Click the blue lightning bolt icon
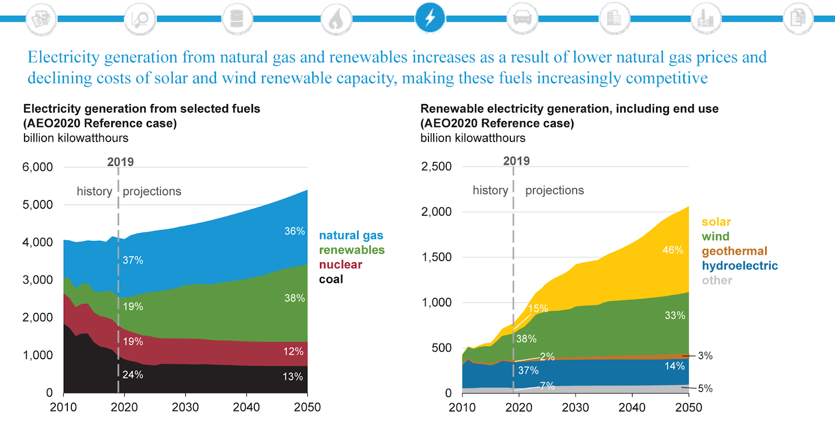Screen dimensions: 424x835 [430, 18]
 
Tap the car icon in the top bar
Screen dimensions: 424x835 [522, 18]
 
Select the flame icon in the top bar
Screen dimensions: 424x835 [336, 19]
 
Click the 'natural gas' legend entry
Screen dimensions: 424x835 [351, 235]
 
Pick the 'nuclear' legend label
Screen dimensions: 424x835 [340, 265]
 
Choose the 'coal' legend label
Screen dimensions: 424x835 [331, 279]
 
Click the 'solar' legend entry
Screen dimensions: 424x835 [716, 222]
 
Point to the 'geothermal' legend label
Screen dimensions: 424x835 [734, 251]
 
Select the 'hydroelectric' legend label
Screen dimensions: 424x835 [739, 266]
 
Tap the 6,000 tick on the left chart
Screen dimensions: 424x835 [38, 167]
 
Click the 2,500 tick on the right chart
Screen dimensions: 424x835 [436, 167]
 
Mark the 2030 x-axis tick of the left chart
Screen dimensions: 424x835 [185, 407]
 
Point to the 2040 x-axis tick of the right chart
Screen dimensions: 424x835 [632, 407]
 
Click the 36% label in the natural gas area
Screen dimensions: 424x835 [294, 231]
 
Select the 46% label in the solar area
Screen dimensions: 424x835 [673, 250]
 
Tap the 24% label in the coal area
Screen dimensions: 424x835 [133, 375]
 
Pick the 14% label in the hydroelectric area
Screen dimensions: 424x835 [674, 366]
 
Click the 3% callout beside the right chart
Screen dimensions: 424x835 [705, 356]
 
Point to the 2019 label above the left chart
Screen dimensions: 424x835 [121, 162]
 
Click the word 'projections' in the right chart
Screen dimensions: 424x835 [554, 191]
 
